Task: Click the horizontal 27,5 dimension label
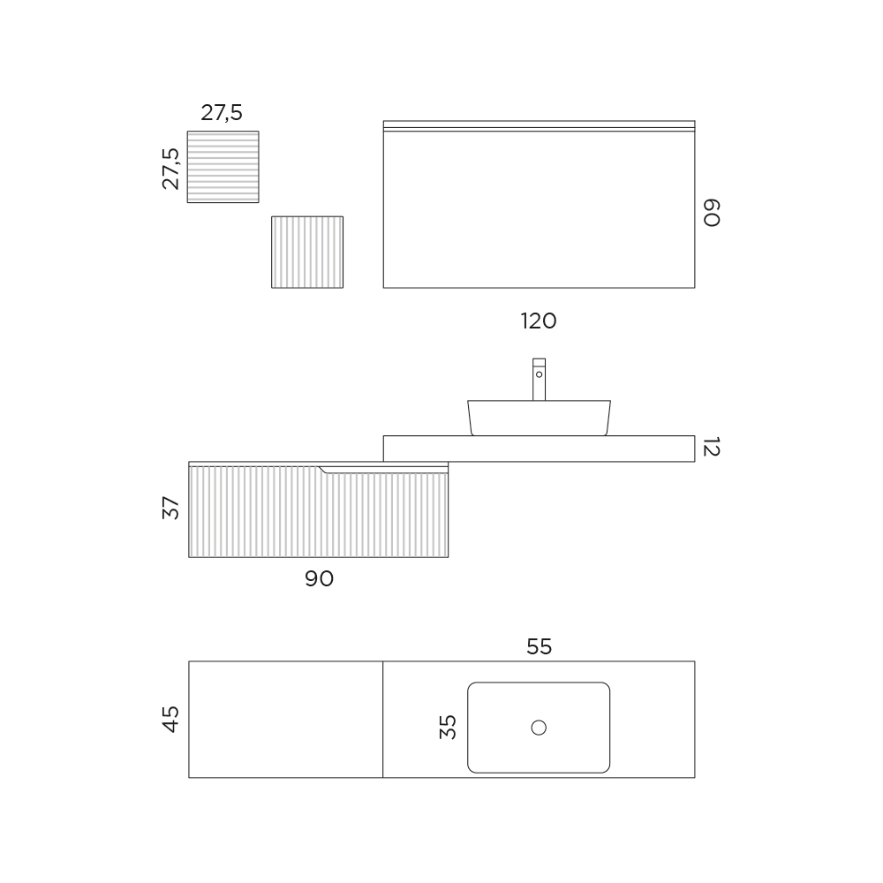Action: coord(222,113)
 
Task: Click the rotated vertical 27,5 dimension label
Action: coord(170,169)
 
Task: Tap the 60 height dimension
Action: coord(711,212)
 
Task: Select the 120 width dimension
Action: coord(539,321)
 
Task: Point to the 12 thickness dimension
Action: coord(711,447)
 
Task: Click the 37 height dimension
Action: coord(170,508)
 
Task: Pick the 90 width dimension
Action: coord(320,578)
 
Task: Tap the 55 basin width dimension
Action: coord(539,646)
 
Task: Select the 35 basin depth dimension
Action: coord(448,727)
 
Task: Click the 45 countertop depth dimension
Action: coord(170,719)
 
